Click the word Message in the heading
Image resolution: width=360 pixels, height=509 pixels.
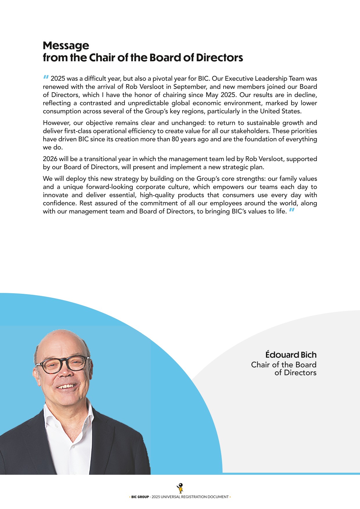(66, 46)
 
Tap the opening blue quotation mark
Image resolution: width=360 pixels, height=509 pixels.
(46, 77)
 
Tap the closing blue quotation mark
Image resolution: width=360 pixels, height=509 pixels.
(292, 210)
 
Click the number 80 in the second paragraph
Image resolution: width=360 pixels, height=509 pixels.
(175, 139)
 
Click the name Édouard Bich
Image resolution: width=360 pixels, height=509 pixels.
(291, 355)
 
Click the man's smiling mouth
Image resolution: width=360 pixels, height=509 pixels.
(66, 386)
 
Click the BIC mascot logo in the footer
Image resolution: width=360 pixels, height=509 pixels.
(180, 488)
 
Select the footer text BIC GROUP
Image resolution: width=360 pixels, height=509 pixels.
(140, 497)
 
